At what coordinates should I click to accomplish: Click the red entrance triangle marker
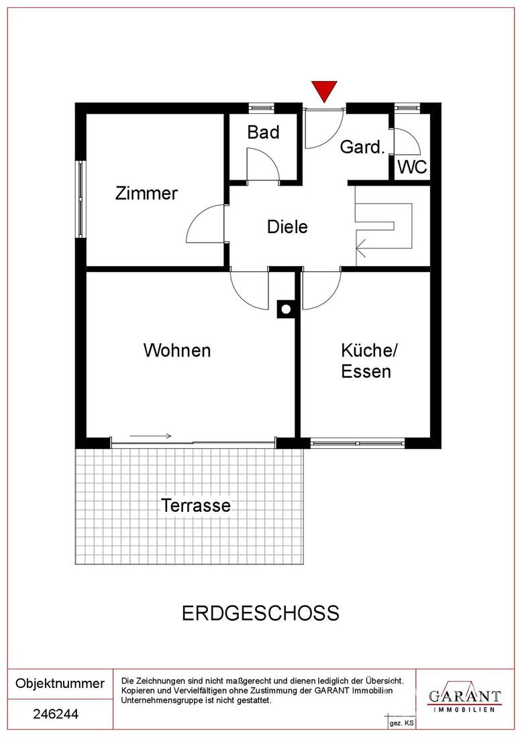(324, 90)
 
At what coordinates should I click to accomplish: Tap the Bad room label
(264, 132)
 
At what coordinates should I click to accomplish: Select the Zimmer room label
(146, 193)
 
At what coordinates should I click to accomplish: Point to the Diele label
(287, 226)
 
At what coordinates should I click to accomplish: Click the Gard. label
(362, 147)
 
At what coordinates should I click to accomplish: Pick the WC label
(413, 167)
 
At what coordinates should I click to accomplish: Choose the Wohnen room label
(177, 350)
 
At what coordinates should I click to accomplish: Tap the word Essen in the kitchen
(366, 371)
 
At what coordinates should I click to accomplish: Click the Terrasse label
(196, 505)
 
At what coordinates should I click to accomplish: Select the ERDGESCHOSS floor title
(260, 613)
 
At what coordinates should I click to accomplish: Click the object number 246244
(56, 714)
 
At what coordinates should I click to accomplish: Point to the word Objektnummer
(60, 683)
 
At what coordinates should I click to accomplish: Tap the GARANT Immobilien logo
(464, 697)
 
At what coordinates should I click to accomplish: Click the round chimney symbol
(286, 309)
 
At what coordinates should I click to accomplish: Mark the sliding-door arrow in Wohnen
(150, 436)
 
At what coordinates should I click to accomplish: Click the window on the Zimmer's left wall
(82, 199)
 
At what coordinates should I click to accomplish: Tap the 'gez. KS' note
(401, 723)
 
